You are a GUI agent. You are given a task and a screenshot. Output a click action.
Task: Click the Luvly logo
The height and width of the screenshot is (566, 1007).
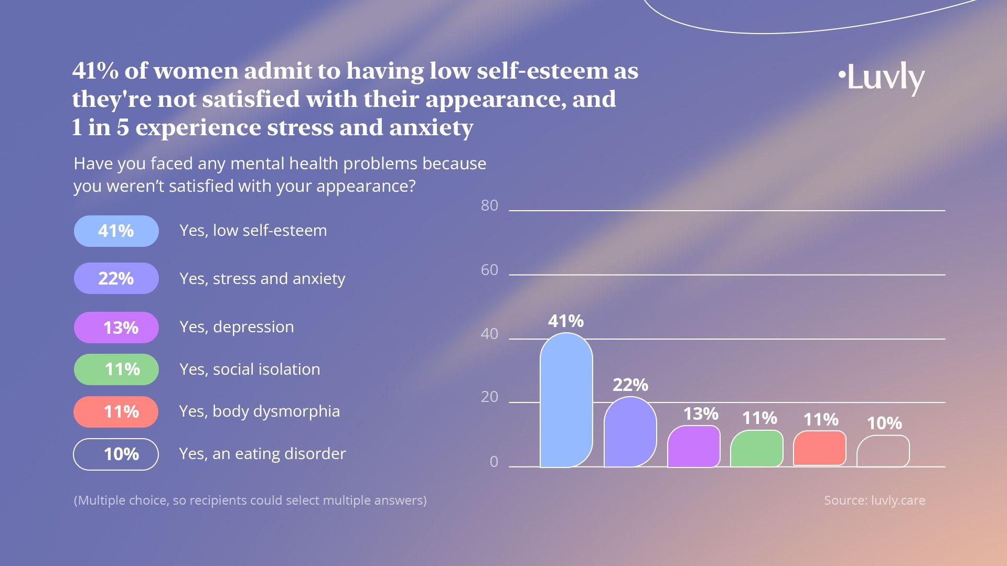point(882,79)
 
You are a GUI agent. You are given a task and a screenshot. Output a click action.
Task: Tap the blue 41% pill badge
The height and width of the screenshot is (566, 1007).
point(116,231)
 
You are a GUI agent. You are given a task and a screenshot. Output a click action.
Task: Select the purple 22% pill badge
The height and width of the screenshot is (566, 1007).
point(116,278)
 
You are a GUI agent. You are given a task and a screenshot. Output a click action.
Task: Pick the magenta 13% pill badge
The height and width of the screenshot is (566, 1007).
point(116,328)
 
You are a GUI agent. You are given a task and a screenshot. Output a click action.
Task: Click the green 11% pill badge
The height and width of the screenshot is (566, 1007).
point(116,369)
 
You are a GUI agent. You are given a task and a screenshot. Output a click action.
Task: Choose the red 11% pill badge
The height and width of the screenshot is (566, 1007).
point(116,412)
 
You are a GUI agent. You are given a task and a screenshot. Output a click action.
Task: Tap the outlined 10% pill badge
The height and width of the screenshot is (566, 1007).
point(116,454)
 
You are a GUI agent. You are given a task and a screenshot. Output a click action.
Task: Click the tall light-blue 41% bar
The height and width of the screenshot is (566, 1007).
point(566,401)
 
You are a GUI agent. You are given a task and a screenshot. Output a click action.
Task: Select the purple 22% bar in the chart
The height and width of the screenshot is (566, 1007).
point(630,432)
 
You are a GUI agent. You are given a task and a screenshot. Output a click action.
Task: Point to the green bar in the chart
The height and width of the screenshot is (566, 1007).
point(756,449)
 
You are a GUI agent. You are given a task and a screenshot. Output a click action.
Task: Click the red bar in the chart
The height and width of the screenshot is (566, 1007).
point(819,448)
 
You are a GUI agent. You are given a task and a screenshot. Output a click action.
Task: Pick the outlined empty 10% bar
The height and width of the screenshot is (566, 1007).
point(883,451)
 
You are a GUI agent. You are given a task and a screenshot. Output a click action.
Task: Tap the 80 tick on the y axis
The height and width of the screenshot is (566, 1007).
point(489,205)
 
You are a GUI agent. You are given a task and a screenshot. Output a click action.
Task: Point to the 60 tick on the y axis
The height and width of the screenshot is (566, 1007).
point(489,270)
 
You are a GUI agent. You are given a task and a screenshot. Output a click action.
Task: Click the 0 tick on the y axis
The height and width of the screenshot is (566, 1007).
point(494,462)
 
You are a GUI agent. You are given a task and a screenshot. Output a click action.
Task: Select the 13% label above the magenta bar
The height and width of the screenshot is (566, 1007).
point(700,414)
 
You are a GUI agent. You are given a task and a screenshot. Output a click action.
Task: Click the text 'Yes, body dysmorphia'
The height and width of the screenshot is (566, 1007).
point(260,411)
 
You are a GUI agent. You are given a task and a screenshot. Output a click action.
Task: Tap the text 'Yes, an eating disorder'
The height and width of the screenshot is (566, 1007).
point(262,454)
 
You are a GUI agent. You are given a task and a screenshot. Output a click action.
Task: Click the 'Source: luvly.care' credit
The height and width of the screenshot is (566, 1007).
point(874,500)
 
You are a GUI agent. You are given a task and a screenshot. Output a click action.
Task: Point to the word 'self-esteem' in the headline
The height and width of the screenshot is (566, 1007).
point(542,71)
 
